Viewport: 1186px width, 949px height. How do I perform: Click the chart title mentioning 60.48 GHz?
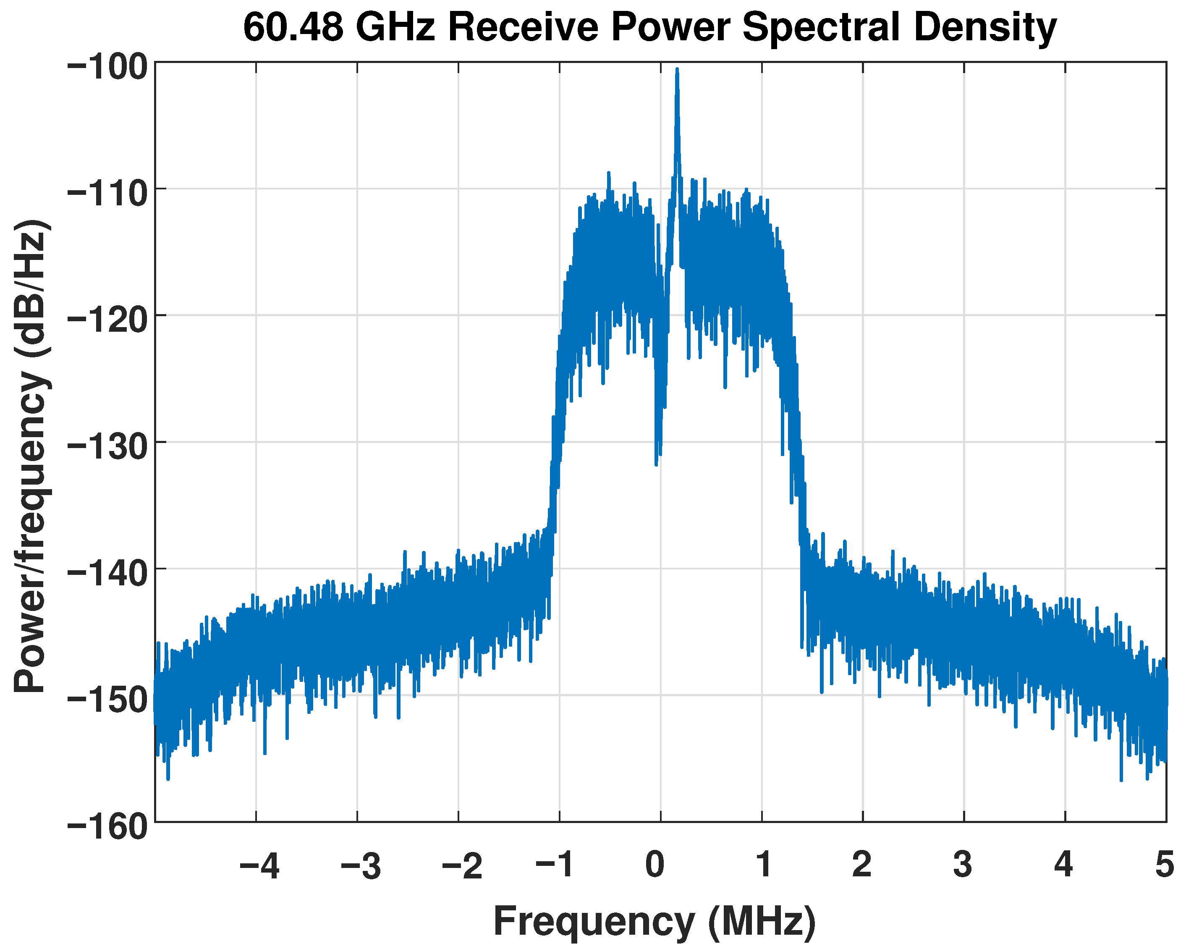[x=649, y=28]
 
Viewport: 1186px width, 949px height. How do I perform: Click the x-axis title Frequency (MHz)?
[x=655, y=920]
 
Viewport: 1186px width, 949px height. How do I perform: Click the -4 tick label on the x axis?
[x=259, y=865]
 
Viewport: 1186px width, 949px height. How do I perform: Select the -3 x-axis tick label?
[x=361, y=865]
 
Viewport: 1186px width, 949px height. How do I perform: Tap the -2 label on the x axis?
[x=462, y=865]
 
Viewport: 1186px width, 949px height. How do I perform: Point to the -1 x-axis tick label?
[x=555, y=865]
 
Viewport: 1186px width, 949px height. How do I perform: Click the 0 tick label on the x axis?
[x=655, y=865]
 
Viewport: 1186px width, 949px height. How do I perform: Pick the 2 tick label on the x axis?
[x=862, y=865]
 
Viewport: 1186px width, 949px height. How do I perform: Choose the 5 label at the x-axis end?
[x=1165, y=865]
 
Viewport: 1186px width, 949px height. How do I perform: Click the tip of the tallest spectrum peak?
[x=677, y=70]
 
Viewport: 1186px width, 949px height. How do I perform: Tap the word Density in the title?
[x=984, y=28]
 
